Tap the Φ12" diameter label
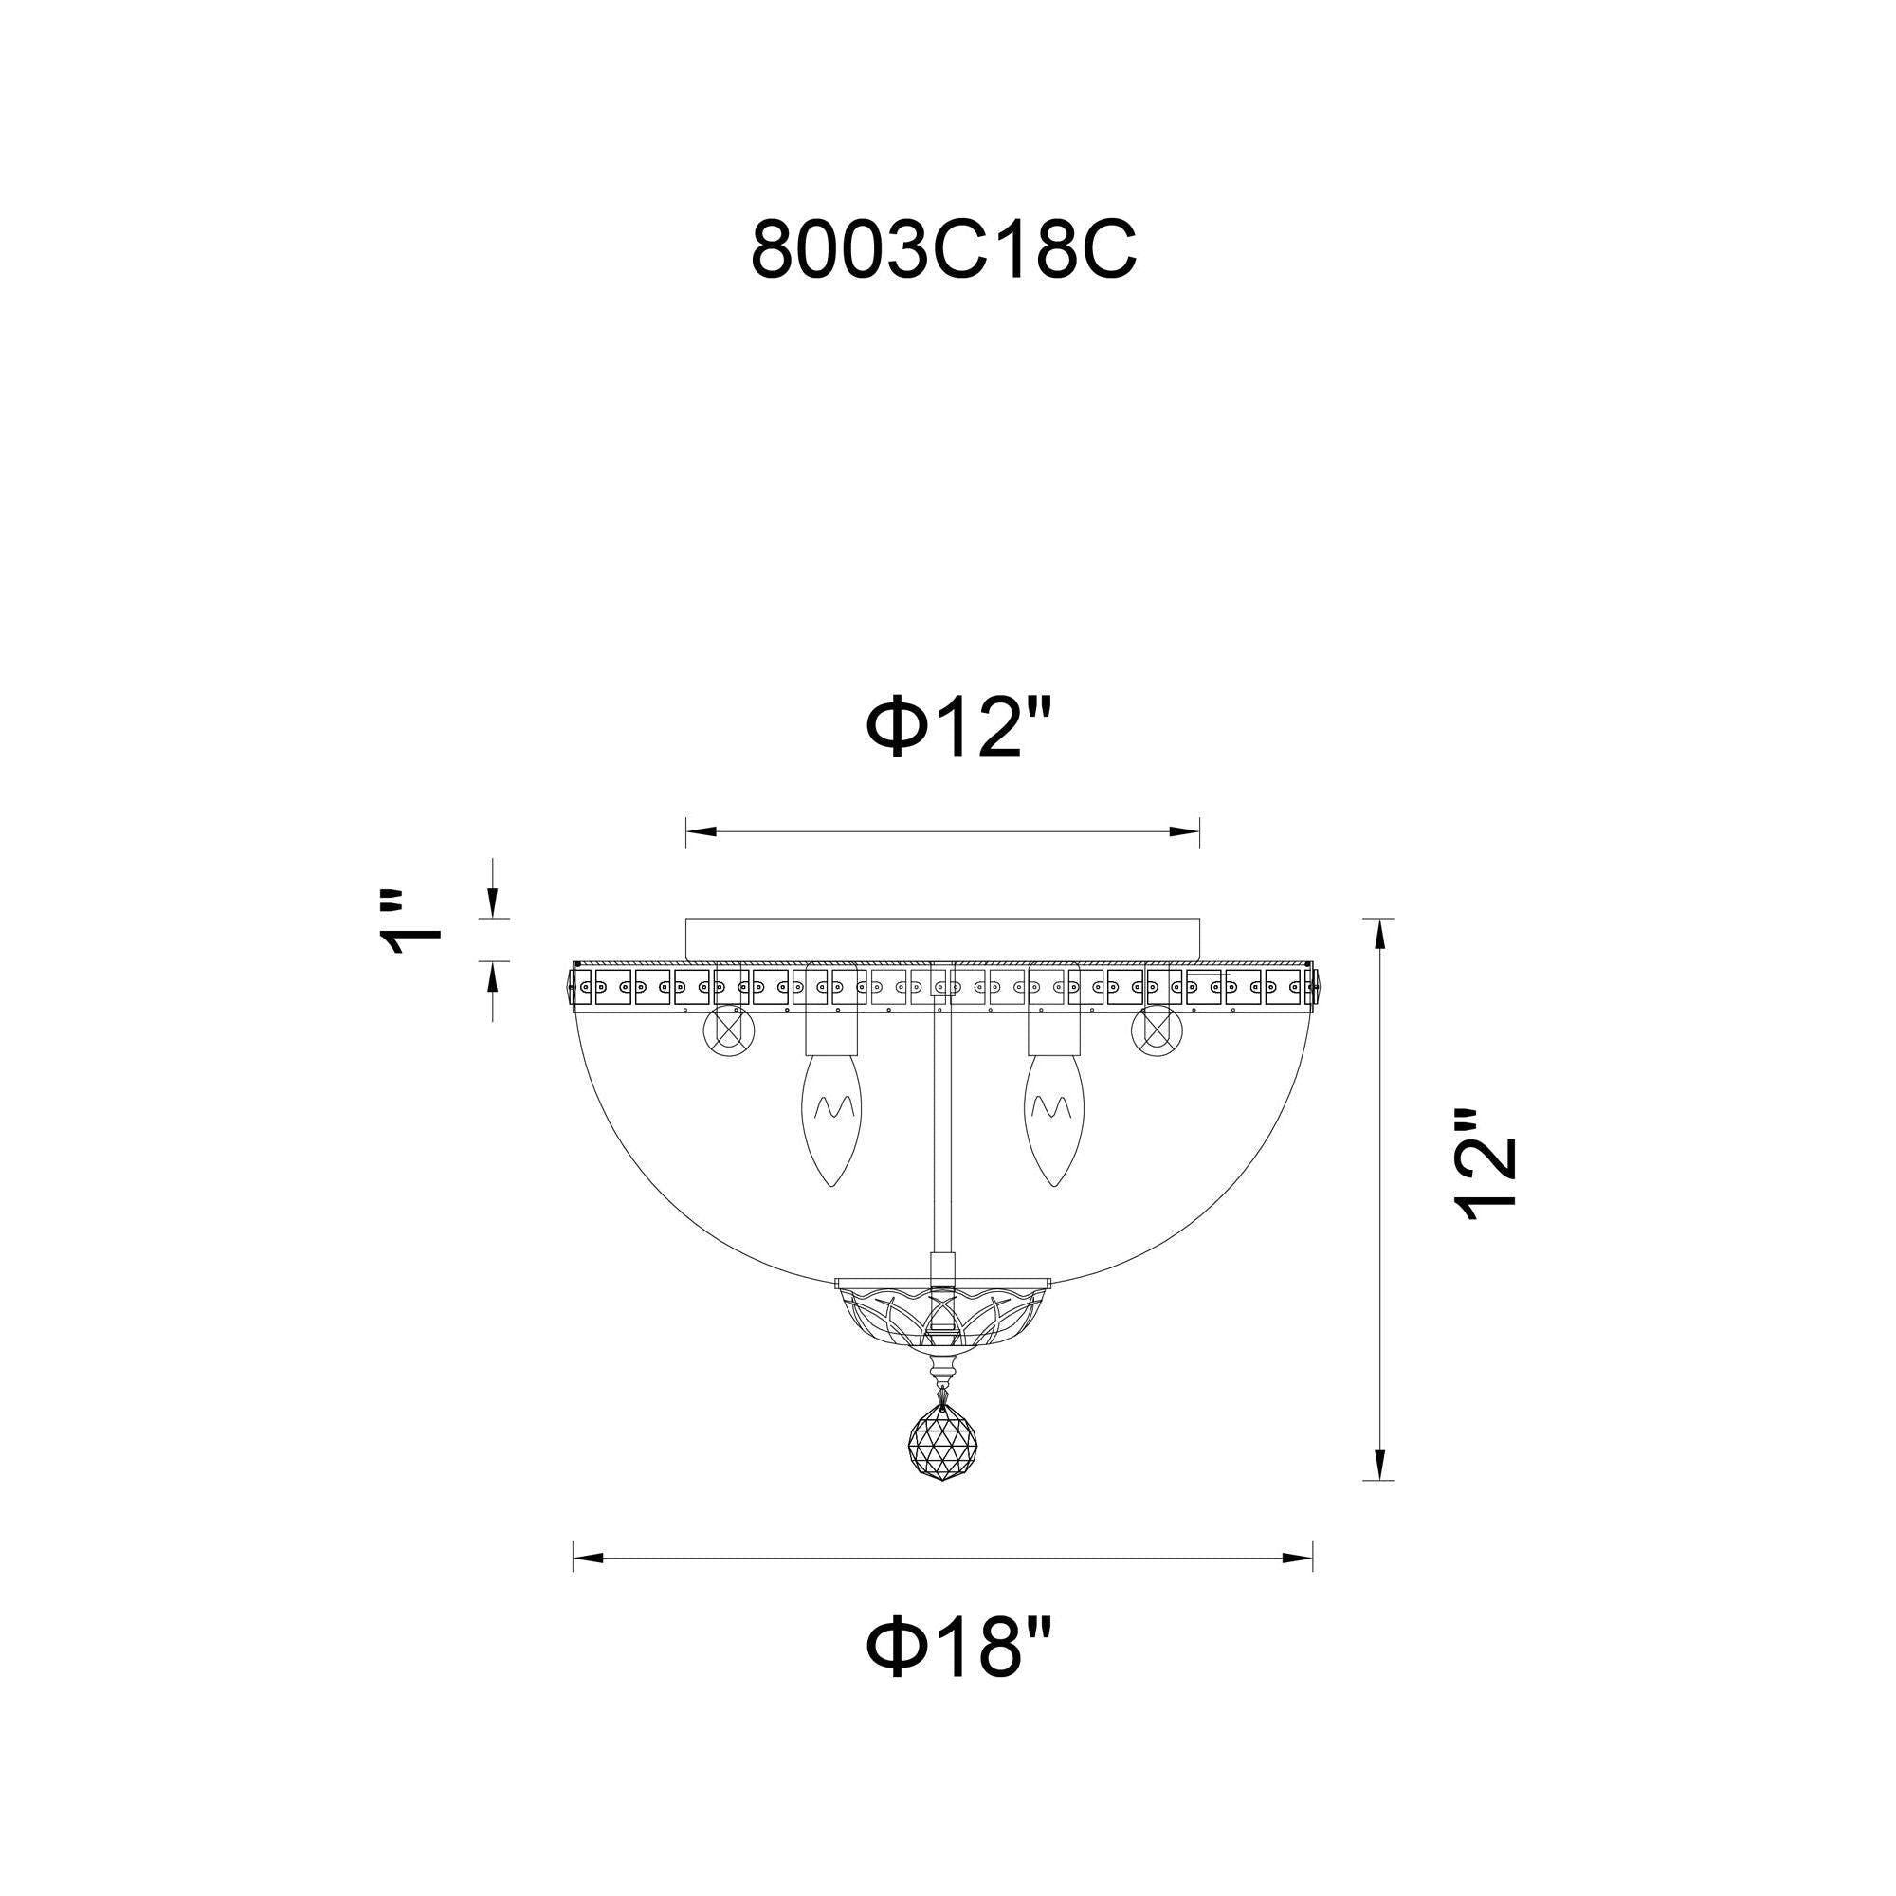tap(958, 729)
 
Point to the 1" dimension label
tap(410, 923)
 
